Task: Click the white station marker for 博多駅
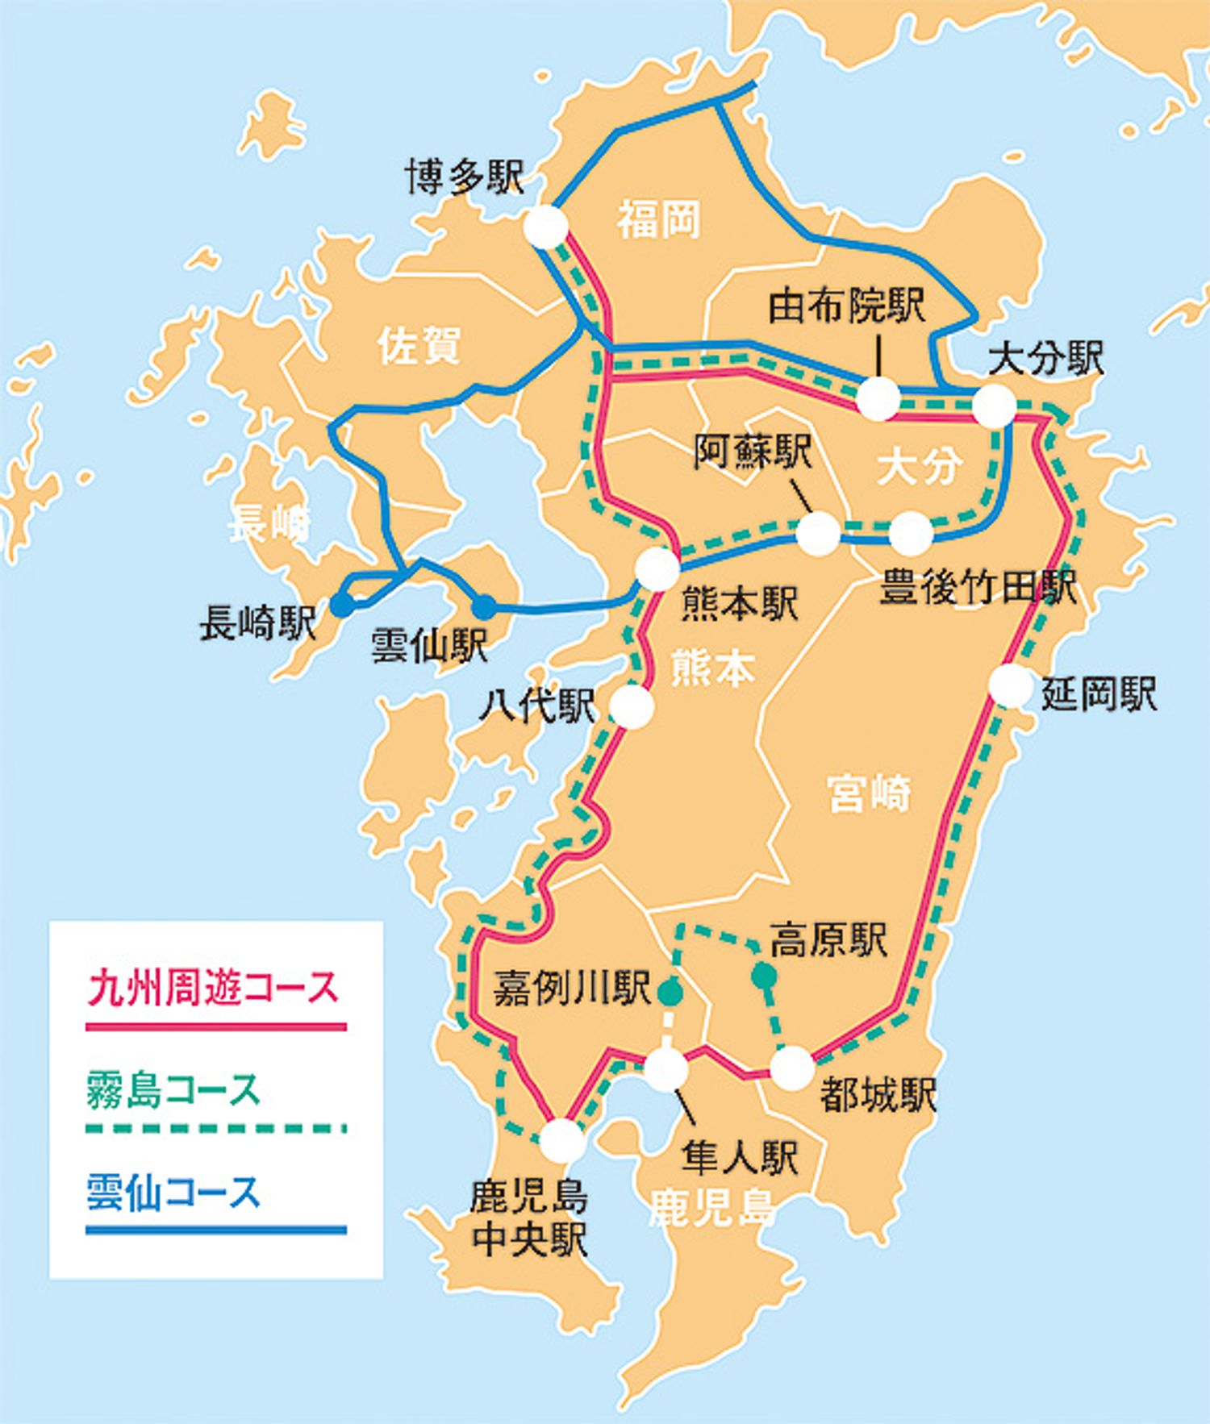pos(546,227)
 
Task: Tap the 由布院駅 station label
pos(846,306)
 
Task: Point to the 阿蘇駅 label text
pos(753,452)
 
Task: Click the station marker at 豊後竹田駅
pos(911,533)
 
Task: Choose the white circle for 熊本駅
pos(657,568)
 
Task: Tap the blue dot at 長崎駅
pos(342,606)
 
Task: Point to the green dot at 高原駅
pos(763,976)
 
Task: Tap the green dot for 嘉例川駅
pos(669,993)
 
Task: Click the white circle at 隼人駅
pos(666,1069)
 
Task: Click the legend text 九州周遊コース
pos(213,988)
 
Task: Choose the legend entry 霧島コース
pos(173,1090)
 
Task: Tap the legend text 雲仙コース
pos(173,1193)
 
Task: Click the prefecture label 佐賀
pos(419,346)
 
